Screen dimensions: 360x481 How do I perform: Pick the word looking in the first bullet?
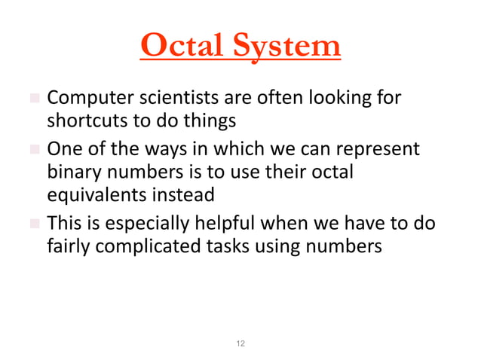point(344,99)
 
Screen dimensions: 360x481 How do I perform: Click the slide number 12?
point(240,343)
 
